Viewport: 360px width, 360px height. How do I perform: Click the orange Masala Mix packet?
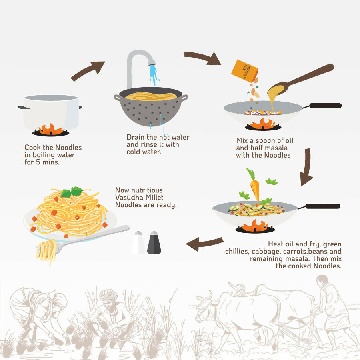click(x=244, y=71)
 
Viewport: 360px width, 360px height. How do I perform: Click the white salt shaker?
click(x=138, y=242)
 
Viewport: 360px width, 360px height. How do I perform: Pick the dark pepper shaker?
click(x=154, y=242)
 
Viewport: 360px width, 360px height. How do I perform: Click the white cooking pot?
click(x=50, y=112)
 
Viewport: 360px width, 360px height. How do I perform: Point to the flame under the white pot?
click(x=51, y=129)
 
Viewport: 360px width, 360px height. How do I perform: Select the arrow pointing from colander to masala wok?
click(x=202, y=58)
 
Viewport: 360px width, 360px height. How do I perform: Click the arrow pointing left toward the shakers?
click(x=204, y=244)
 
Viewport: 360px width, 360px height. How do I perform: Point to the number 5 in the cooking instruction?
click(x=38, y=162)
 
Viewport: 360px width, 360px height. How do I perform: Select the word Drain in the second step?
click(x=136, y=137)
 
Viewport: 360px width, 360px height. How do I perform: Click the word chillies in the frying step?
click(x=237, y=252)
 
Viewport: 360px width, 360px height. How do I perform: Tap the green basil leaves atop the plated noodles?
click(x=72, y=192)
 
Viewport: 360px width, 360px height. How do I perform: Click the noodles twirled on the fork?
click(x=46, y=252)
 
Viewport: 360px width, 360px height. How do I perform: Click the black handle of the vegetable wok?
click(x=322, y=206)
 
